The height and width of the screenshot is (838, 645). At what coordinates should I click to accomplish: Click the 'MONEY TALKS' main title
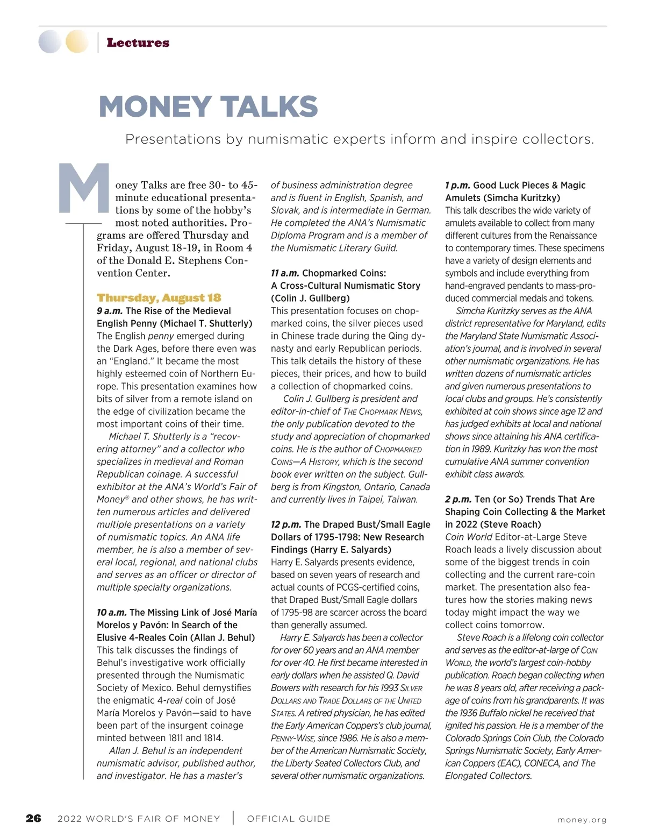tap(209, 106)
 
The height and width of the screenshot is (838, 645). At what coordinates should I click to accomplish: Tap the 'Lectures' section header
tap(138, 43)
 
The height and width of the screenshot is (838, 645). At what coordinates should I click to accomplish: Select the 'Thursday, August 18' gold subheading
tap(159, 298)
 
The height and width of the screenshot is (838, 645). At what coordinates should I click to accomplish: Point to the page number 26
tap(33, 819)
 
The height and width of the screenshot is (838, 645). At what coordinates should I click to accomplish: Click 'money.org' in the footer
tap(582, 820)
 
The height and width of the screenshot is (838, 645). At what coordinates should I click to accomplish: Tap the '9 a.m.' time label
tap(110, 311)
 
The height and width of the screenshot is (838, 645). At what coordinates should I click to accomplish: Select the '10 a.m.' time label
tap(112, 613)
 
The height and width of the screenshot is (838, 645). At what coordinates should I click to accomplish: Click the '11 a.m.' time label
tap(285, 273)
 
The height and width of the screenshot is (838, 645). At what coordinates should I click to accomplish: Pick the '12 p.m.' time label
tap(286, 524)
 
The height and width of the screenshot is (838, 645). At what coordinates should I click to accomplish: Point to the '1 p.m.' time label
tap(457, 186)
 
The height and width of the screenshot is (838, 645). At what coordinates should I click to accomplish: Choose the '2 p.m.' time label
tap(458, 499)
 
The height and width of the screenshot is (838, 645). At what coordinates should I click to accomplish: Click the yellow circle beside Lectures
tap(77, 42)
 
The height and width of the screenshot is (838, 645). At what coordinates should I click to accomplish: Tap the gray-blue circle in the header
tap(50, 42)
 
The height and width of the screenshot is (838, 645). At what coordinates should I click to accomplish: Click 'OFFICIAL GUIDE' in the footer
tap(289, 819)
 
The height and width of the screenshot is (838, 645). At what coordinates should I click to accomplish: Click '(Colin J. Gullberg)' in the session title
tap(310, 299)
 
